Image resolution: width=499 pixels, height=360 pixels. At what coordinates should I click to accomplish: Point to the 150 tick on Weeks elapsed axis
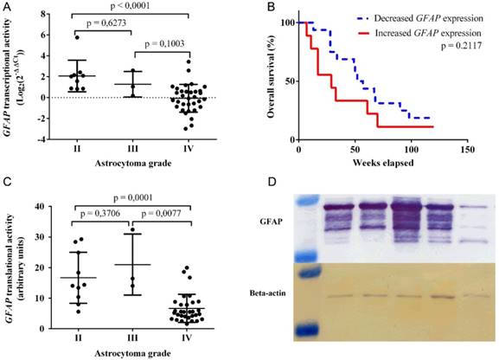tap(465, 147)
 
